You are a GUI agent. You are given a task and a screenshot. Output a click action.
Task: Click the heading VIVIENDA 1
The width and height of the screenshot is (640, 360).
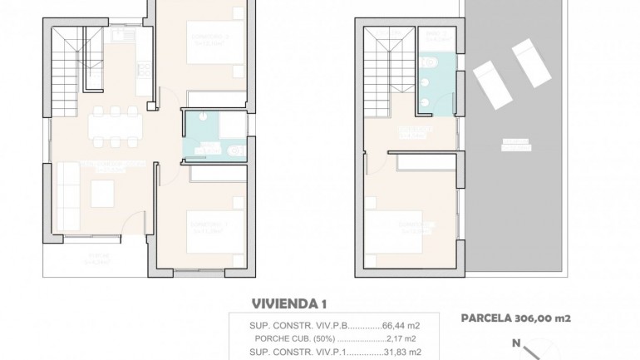click(289, 304)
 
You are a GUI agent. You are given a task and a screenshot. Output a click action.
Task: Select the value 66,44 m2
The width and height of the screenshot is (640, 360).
click(401, 325)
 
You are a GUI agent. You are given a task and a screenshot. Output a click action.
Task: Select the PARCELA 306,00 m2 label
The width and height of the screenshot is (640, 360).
click(515, 318)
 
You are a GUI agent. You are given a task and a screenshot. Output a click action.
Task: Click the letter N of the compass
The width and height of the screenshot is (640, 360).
click(516, 343)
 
